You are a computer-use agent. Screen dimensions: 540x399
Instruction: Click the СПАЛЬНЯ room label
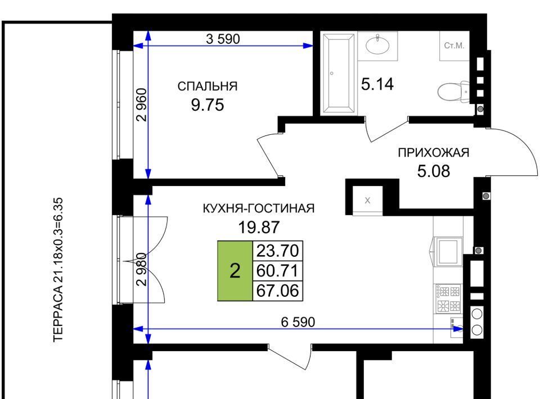pos(208,86)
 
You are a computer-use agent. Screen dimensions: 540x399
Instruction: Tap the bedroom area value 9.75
pos(208,105)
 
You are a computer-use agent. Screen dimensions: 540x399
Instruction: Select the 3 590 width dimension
pos(223,39)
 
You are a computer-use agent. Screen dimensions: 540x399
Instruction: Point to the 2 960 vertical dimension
pos(142,105)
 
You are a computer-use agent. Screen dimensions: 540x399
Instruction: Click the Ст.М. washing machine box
pos(454,46)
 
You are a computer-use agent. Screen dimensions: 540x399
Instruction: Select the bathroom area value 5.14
pos(377,84)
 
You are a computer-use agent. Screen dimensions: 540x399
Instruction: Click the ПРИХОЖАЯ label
pos(434,152)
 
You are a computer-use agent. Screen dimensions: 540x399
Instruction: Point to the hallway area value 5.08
pos(434,171)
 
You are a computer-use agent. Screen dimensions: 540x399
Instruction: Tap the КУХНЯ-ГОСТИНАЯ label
pos(259,208)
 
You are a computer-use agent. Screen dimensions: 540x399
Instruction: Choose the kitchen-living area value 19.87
pos(259,227)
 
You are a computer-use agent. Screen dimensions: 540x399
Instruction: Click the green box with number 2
pos(235,271)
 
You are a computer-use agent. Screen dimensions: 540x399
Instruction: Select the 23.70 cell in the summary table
pos(277,251)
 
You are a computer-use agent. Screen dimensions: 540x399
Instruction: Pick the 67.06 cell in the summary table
pos(277,291)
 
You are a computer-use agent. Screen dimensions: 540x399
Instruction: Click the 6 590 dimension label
pos(298,323)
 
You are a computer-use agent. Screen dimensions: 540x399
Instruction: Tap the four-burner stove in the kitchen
pos(448,299)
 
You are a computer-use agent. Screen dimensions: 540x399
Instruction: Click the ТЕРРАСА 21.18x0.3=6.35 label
pos(58,270)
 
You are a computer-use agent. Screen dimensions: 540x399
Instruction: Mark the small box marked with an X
pos(367,201)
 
